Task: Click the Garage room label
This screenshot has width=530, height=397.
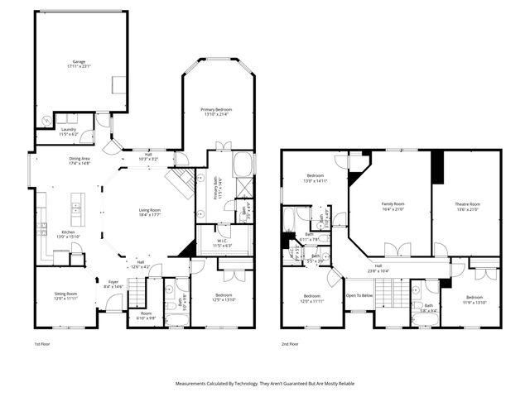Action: click(x=79, y=62)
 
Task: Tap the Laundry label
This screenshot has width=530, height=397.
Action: click(x=68, y=129)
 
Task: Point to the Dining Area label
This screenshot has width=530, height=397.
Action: click(x=79, y=158)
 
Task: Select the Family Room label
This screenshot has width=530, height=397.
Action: click(x=393, y=203)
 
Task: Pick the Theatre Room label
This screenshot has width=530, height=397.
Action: click(x=467, y=203)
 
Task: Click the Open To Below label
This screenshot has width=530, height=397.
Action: click(x=359, y=295)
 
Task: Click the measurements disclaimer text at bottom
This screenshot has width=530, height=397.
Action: click(x=265, y=384)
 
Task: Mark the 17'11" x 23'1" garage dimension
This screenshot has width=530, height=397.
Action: click(x=79, y=67)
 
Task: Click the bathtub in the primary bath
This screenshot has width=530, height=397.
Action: click(x=243, y=164)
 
